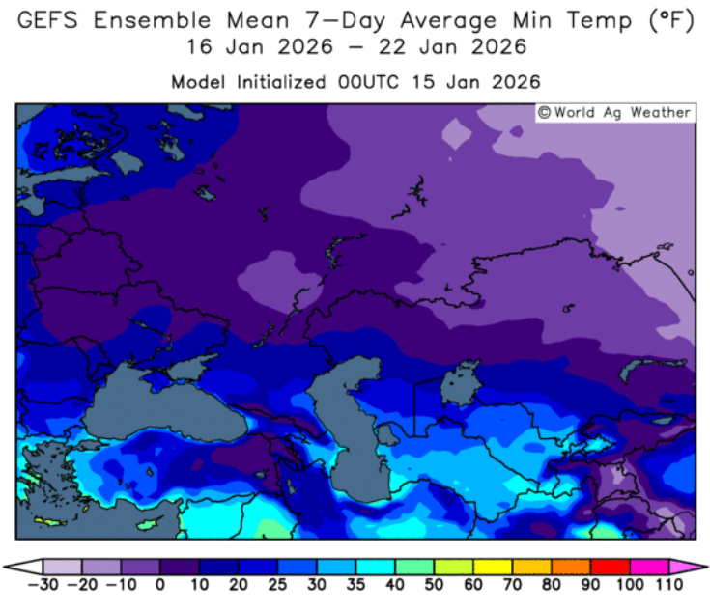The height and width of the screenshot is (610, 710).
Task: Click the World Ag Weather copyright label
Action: pos(615,113)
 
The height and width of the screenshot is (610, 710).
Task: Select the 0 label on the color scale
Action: pos(160,585)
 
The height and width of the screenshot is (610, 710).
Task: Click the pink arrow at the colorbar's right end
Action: pos(682,567)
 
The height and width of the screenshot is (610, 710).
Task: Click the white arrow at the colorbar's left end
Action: pos(29,567)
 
